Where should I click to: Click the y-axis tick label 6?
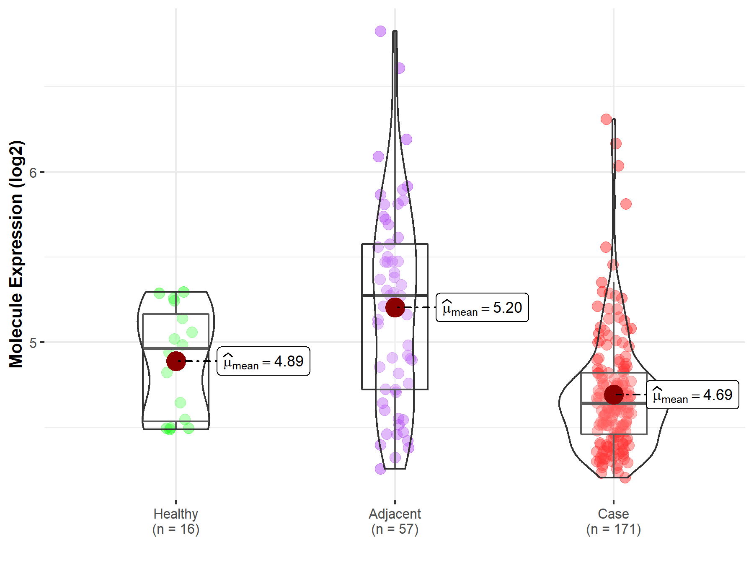pos(33,172)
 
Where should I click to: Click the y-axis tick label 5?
pos(33,343)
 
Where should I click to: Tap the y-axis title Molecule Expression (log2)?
pos(16,254)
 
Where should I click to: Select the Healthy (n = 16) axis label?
pos(176,522)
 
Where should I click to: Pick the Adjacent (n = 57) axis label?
pos(395,522)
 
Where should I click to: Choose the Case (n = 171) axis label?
pos(614,522)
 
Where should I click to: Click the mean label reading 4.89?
pos(263,361)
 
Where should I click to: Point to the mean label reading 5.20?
pos(482,308)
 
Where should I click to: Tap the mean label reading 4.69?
pos(692,395)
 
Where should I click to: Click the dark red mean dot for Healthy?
pos(176,361)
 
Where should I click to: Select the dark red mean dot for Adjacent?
pos(395,308)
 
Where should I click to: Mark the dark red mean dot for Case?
pos(614,395)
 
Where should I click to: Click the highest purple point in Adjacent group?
pos(380,31)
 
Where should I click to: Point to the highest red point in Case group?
pos(606,119)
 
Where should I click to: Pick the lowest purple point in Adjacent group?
pos(380,469)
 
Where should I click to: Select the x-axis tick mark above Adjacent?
pos(395,502)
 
